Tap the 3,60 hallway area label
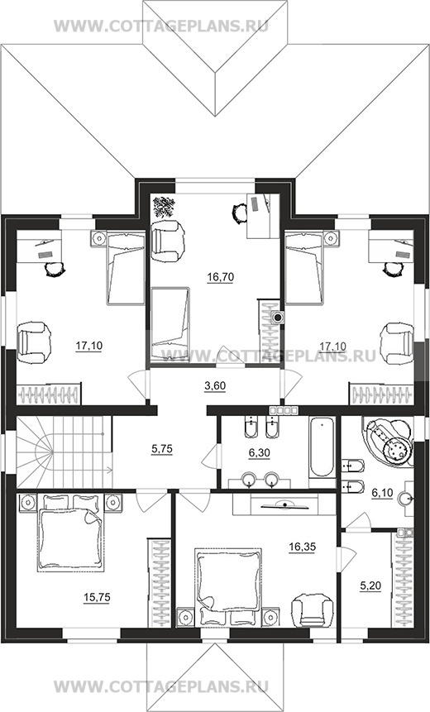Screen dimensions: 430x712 pos(215,386)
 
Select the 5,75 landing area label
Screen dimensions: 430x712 pos(161,449)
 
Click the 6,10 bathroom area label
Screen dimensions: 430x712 pos(382,494)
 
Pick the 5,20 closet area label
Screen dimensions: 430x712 pos(370,585)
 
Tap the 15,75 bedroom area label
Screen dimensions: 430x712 pos(97,597)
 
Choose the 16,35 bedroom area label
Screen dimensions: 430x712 pos(303,547)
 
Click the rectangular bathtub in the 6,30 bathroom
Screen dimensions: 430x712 pos(322,447)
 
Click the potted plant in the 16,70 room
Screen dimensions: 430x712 pos(164,207)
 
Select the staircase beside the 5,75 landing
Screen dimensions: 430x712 pos(64,452)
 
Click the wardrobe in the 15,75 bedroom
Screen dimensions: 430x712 pos(159,583)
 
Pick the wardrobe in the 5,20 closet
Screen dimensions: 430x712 pos(403,578)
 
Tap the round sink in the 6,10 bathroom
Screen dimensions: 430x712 pos(406,499)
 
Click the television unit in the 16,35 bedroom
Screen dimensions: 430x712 pos(284,504)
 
